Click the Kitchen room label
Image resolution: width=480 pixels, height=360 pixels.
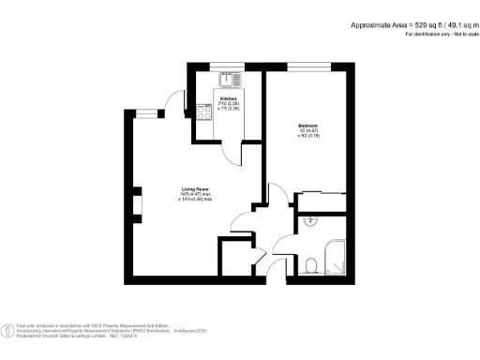click(x=228, y=98)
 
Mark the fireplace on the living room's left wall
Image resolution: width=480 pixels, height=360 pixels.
click(x=137, y=204)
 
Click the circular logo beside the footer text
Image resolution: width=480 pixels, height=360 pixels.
click(x=9, y=330)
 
